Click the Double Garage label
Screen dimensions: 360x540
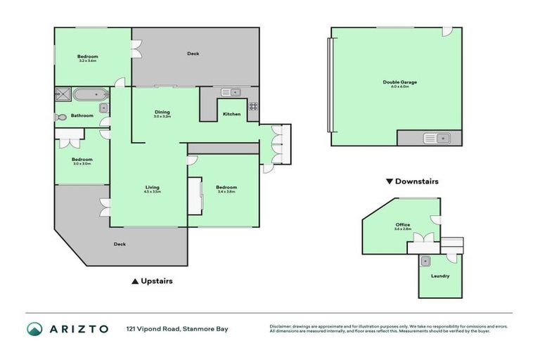click(399, 82)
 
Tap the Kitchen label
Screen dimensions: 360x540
click(231, 114)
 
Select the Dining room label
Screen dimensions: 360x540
click(162, 112)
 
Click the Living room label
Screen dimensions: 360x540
click(153, 187)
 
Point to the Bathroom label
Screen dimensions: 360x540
click(82, 116)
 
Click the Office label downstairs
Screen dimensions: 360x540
click(402, 225)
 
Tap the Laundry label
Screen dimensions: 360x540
click(441, 276)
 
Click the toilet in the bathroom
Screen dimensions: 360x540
click(61, 117)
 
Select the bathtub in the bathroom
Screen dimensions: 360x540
click(90, 94)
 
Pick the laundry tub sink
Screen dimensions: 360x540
click(426, 261)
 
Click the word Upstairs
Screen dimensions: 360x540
click(157, 281)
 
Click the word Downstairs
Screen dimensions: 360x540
click(417, 181)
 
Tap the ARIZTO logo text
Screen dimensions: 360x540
click(78, 328)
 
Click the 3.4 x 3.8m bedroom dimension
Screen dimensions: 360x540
click(226, 191)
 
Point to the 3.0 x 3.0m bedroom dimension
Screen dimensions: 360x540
click(82, 164)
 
